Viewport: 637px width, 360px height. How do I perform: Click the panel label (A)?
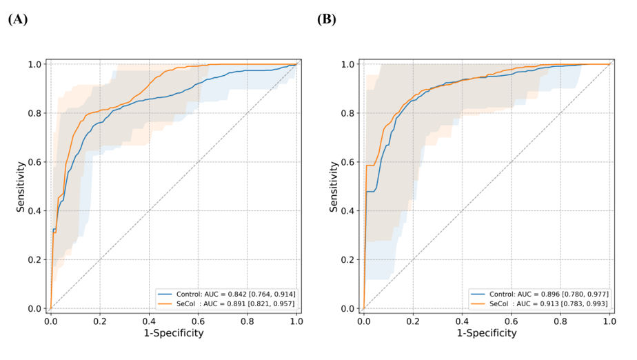point(18,19)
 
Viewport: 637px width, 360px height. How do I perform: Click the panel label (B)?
point(327,19)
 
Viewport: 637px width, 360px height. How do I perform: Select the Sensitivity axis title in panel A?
point(21,186)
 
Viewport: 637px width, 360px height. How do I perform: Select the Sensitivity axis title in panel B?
point(334,186)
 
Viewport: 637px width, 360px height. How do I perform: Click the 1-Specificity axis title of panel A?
point(173,333)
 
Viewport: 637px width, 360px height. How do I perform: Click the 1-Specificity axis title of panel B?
point(486,333)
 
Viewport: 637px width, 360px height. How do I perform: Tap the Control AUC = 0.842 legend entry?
point(227,294)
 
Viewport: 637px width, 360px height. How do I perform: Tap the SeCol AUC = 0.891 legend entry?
point(227,303)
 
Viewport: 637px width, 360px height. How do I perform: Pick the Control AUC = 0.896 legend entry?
point(540,294)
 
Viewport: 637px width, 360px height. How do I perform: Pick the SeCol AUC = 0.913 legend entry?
point(540,303)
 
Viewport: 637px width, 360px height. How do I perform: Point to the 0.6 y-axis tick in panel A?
point(37,162)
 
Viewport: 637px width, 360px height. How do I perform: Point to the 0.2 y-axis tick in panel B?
point(350,260)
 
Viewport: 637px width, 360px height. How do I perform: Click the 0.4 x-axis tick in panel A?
point(149,321)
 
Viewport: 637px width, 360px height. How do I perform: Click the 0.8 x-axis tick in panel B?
point(560,321)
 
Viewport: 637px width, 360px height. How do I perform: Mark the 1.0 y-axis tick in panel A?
point(37,64)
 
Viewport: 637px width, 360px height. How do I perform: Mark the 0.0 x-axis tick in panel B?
point(363,321)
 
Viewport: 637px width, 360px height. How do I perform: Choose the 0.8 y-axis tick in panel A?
point(37,113)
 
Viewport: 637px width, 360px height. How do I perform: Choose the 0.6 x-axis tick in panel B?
point(511,321)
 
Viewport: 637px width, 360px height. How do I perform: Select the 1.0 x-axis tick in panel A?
point(296,321)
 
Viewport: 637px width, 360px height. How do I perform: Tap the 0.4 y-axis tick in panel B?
point(350,211)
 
